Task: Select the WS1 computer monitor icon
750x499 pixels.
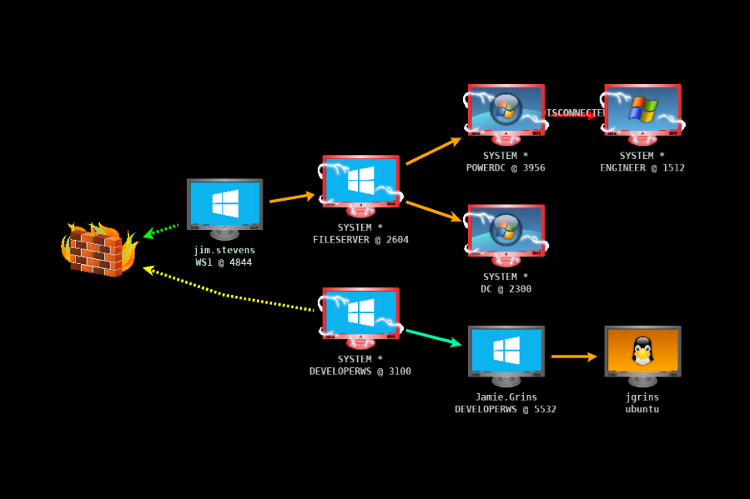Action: pyautogui.click(x=224, y=207)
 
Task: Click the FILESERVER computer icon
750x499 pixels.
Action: pyautogui.click(x=360, y=183)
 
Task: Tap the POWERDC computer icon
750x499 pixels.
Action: pyautogui.click(x=506, y=112)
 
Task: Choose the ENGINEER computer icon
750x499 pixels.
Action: pyautogui.click(x=642, y=112)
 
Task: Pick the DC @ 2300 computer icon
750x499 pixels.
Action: pyautogui.click(x=506, y=233)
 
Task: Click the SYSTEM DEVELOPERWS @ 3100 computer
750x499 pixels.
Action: pyautogui.click(x=360, y=316)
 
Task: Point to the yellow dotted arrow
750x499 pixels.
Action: pyautogui.click(x=225, y=294)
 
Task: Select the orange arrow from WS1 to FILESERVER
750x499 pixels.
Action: pyautogui.click(x=291, y=197)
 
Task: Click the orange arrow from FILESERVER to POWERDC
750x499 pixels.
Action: pyautogui.click(x=433, y=151)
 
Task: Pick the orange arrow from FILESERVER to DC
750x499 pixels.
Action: pyautogui.click(x=433, y=211)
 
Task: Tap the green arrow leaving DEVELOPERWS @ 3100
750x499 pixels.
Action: pyautogui.click(x=433, y=337)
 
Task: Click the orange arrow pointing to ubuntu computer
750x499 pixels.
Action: pyautogui.click(x=574, y=357)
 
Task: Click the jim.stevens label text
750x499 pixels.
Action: pyautogui.click(x=224, y=250)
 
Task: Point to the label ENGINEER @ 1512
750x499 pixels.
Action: pyautogui.click(x=642, y=167)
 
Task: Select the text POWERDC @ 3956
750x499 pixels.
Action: pyautogui.click(x=506, y=167)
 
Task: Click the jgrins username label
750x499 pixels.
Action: pyautogui.click(x=642, y=397)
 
